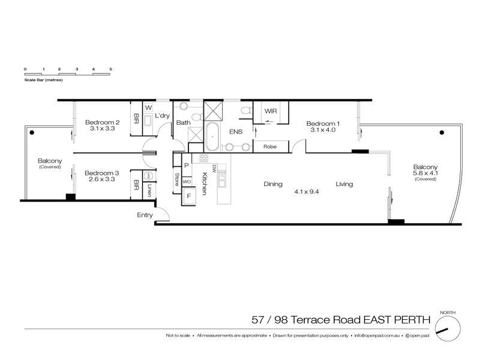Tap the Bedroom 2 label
(x=101, y=122)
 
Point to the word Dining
(x=273, y=184)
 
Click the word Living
(x=344, y=184)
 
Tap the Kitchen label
(x=205, y=182)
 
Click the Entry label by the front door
(x=145, y=215)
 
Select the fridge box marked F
(x=190, y=196)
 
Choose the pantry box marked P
(x=187, y=165)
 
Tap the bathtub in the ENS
(x=212, y=137)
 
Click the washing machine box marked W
(x=148, y=108)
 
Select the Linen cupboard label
(x=149, y=190)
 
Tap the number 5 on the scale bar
(x=111, y=70)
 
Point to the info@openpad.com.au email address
(x=377, y=335)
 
